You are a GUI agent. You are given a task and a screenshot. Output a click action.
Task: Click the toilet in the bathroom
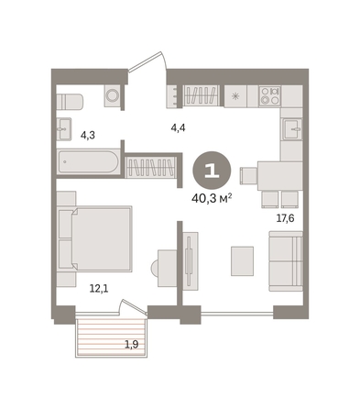70,102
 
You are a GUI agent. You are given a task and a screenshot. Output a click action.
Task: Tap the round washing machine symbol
113,95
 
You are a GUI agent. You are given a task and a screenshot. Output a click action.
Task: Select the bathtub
89,162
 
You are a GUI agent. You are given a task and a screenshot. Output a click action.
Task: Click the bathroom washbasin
64,129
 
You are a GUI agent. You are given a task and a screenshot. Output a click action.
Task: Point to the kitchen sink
292,129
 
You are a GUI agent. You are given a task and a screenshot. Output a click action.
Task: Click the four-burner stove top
269,95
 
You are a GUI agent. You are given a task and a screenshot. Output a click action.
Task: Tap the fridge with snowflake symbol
235,96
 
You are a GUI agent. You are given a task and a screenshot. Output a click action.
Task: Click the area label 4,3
87,135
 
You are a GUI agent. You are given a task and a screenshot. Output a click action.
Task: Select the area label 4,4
178,127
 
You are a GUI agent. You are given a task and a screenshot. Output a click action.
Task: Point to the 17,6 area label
285,218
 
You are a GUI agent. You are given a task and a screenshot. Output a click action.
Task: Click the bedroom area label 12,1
99,288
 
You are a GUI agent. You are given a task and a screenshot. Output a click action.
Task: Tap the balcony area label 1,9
132,345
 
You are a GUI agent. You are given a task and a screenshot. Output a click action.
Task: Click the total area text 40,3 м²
212,199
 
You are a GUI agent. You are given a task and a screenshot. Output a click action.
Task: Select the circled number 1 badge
212,170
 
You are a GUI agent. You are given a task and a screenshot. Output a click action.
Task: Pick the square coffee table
242,261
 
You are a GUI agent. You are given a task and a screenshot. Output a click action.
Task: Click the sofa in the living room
286,261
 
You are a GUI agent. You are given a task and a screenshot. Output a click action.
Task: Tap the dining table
280,176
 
